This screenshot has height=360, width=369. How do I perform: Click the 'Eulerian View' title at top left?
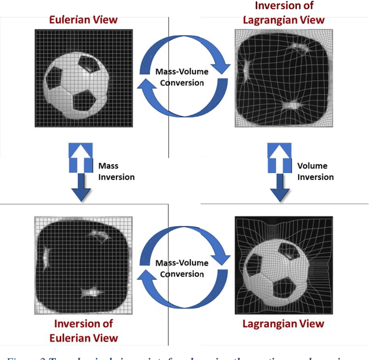[x=83, y=20]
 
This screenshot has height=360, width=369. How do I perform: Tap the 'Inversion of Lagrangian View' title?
[x=284, y=13]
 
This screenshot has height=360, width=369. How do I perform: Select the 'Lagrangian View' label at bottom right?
[x=284, y=324]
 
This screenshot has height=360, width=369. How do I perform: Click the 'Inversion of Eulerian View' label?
[x=83, y=331]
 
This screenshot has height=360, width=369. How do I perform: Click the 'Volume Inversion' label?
[x=315, y=171]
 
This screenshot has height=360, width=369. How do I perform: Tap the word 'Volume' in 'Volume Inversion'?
[x=312, y=166]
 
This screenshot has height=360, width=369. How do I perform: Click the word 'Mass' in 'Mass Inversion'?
[x=109, y=166]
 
